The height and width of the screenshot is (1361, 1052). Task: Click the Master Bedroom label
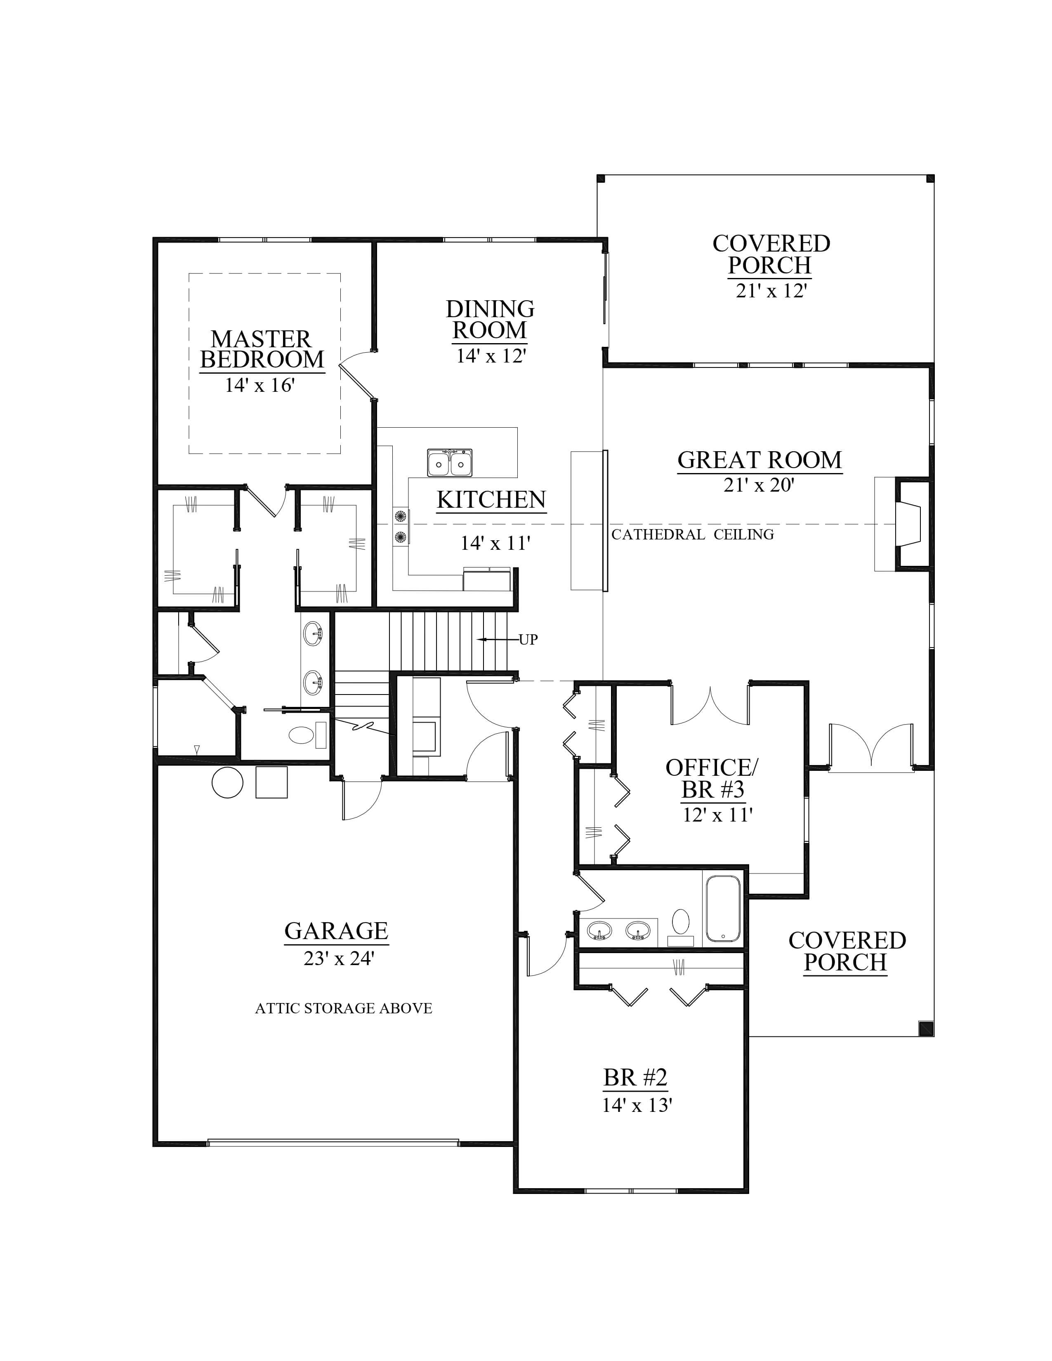coord(262,350)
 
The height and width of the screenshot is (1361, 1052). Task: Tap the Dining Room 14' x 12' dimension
coord(491,356)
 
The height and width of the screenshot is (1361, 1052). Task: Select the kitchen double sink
coord(449,462)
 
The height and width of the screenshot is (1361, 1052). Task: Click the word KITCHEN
coord(491,500)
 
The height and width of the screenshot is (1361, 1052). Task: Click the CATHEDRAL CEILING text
coord(692,534)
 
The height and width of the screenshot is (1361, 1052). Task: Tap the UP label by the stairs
coord(528,639)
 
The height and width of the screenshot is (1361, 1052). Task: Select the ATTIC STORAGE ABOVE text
coord(343,1008)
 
